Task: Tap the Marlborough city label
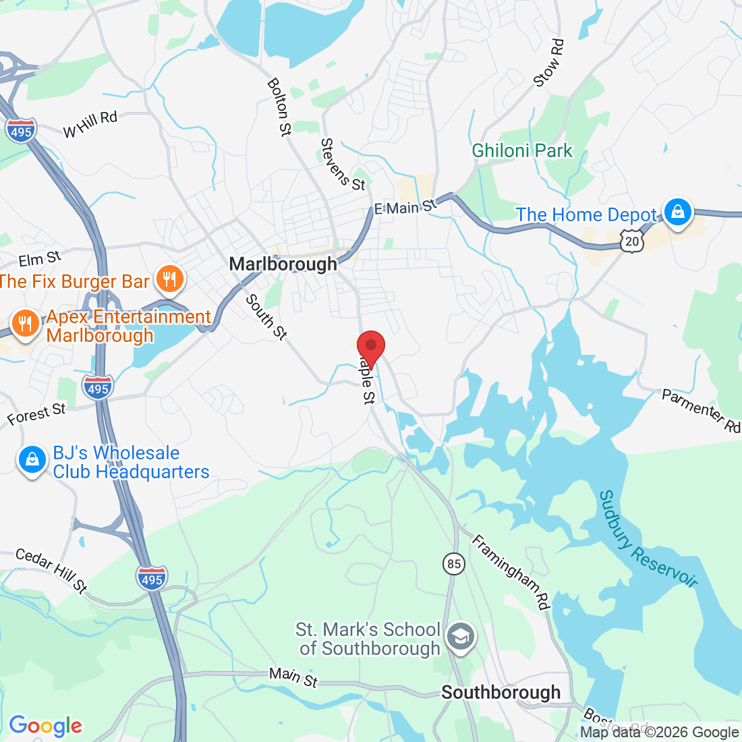[283, 264]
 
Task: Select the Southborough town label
[501, 693]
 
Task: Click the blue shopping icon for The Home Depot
[678, 212]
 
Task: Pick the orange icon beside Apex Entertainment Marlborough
[26, 323]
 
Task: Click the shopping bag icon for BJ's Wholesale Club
[31, 461]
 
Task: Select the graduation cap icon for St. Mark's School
[461, 637]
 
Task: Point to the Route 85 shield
[455, 563]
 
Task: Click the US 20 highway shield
[631, 241]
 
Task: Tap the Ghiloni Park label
[522, 150]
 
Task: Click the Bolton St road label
[279, 107]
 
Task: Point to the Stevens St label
[343, 165]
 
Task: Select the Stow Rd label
[549, 63]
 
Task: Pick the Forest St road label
[36, 414]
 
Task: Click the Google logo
[45, 726]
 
